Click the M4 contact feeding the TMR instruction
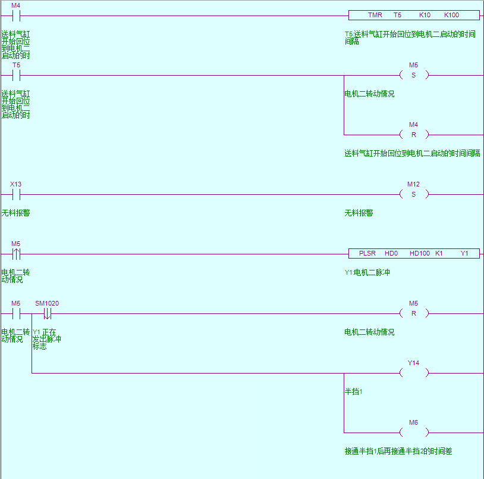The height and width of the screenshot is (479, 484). (x=16, y=15)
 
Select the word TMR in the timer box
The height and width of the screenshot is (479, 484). (x=375, y=15)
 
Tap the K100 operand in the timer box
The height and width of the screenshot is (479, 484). (x=451, y=15)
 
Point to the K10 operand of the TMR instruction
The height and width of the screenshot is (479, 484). (x=425, y=15)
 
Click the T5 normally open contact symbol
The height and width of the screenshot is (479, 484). (x=16, y=75)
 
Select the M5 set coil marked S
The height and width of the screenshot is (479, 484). (x=414, y=75)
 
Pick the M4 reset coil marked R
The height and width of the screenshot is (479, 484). (x=414, y=135)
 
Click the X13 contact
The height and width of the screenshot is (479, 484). (x=16, y=194)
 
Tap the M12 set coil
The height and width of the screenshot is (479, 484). (x=414, y=194)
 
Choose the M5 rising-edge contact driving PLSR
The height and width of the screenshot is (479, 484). (x=16, y=254)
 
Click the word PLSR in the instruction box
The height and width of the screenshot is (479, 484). (x=367, y=253)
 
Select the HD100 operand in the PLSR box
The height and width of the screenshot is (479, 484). (x=419, y=253)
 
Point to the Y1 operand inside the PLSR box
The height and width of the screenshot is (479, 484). (x=465, y=253)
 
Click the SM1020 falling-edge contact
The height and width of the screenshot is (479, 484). (x=47, y=313)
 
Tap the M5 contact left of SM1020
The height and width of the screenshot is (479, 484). (x=16, y=313)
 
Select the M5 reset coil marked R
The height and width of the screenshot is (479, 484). (x=414, y=313)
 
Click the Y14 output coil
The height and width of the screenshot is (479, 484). (x=414, y=373)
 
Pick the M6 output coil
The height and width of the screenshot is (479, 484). (x=414, y=433)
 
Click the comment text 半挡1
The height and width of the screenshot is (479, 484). (x=354, y=391)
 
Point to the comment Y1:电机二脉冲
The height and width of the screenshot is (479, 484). (x=367, y=272)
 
